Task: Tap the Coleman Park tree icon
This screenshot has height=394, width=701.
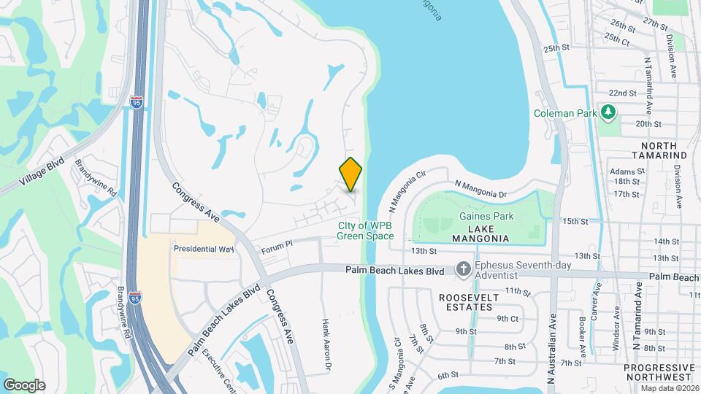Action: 608,112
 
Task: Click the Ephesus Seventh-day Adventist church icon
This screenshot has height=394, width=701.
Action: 463,270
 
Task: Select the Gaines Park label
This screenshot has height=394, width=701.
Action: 486,216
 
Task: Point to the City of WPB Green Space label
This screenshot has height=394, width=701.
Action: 365,231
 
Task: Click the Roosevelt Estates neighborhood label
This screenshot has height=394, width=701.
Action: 469,302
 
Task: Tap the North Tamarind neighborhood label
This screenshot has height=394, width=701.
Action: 659,151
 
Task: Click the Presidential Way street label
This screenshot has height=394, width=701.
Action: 203,249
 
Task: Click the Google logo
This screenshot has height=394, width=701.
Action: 24,385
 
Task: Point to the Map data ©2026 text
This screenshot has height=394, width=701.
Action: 670,388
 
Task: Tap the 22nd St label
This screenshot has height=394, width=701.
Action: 622,93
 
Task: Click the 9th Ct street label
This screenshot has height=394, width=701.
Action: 507,318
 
